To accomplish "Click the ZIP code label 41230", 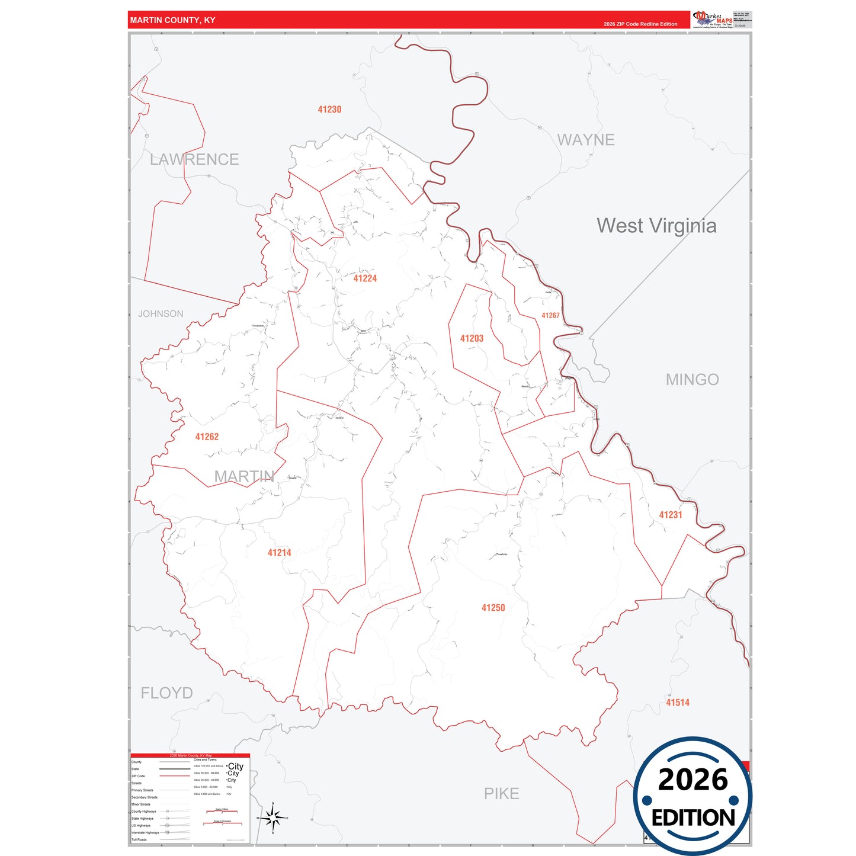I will coord(329,110).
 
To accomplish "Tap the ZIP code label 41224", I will coord(365,278).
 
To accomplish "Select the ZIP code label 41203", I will coord(472,338).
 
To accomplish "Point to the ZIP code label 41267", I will coord(550,316).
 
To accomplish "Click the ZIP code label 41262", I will coord(207,437).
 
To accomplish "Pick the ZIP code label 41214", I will coord(279,553).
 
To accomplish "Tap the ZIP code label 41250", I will coord(493,608).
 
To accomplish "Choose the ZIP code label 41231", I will coord(671,515).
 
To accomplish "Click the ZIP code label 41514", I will coord(678,703).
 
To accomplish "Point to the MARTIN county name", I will coord(244,476).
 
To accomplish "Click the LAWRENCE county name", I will coord(194,159).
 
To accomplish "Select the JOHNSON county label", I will coord(161,314).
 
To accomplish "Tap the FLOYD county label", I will coord(166,693).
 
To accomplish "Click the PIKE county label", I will coord(501,794).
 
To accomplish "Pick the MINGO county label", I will coord(692,380).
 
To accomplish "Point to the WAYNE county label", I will coord(586,140).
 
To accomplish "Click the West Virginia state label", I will coord(656,226).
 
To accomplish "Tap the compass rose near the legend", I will coord(273,819).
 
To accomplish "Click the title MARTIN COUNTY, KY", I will coord(172,20).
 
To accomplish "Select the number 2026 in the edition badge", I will coord(693,780).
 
